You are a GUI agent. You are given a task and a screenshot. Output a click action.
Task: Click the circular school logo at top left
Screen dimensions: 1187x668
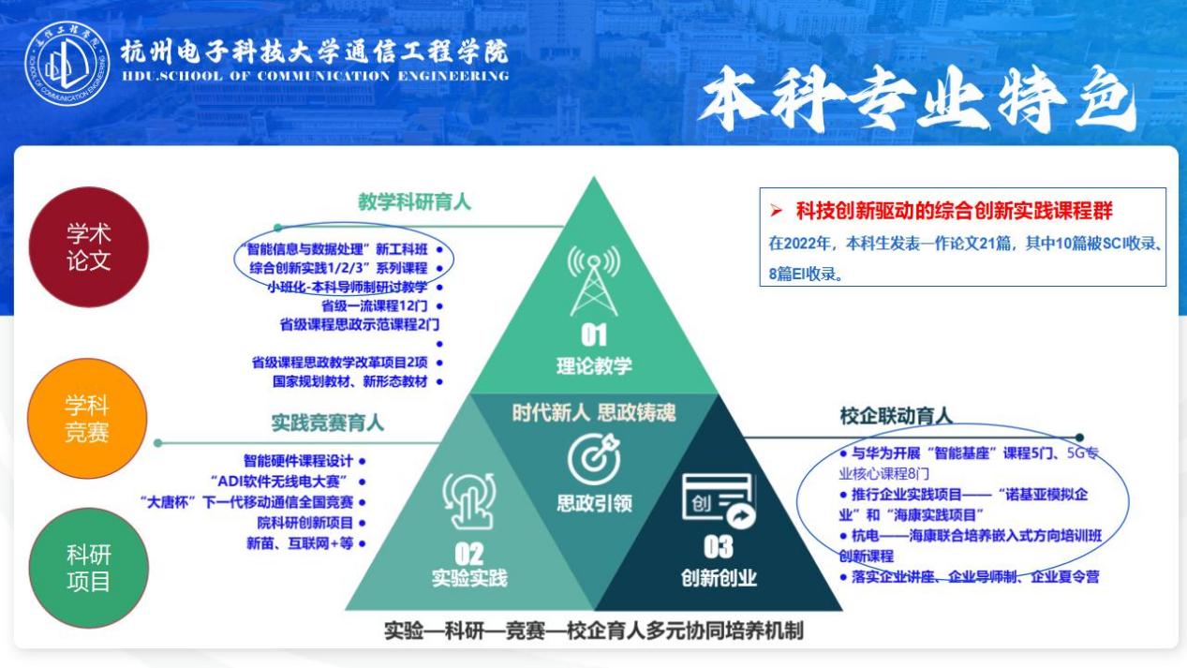coord(67,63)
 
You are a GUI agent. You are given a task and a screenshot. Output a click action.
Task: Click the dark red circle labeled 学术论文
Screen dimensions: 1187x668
coord(88,246)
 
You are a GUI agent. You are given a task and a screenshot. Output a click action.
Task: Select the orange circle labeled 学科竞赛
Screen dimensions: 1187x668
coord(87,419)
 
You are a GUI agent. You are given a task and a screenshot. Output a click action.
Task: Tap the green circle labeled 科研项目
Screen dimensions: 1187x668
coord(88,568)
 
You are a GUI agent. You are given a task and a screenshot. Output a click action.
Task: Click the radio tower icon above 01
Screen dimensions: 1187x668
coord(594,281)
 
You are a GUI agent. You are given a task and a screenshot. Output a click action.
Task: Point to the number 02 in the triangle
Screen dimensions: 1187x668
coord(469,554)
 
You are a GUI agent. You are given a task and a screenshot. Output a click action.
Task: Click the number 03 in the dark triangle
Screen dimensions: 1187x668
coord(718,547)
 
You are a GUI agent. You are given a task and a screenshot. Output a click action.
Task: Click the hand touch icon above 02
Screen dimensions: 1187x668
coord(469,501)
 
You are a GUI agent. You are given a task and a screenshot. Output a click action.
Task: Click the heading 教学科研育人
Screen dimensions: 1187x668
coord(414,201)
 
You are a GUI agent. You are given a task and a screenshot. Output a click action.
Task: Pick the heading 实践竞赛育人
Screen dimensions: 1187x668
coord(328,423)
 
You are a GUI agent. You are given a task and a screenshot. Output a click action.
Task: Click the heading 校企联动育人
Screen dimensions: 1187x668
coord(896,416)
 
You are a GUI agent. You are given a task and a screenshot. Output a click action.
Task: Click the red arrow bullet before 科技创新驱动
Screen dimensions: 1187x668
coord(777,211)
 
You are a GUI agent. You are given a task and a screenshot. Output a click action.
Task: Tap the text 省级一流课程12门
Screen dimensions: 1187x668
coord(374,305)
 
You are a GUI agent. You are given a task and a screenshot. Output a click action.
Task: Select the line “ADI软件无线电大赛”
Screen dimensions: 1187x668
coord(280,482)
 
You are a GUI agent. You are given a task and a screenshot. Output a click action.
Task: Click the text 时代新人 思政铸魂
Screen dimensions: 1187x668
coord(594,412)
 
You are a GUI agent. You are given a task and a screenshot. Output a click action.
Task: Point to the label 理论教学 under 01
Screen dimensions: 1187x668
coord(594,365)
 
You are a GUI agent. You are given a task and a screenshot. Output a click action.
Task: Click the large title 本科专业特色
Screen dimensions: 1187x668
coord(917,99)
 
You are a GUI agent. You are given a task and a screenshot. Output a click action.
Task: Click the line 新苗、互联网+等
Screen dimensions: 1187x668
coord(300,543)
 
